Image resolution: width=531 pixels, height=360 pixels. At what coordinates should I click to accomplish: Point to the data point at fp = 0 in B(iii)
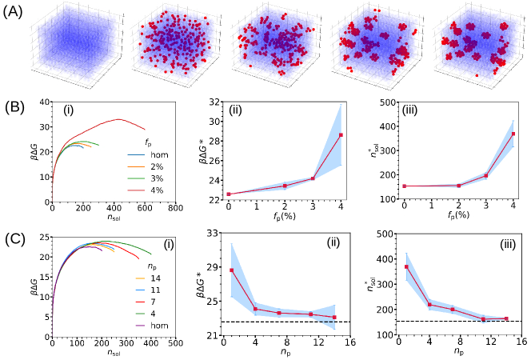click(x=405, y=186)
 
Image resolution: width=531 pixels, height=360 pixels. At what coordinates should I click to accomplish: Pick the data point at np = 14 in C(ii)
click(x=333, y=318)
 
